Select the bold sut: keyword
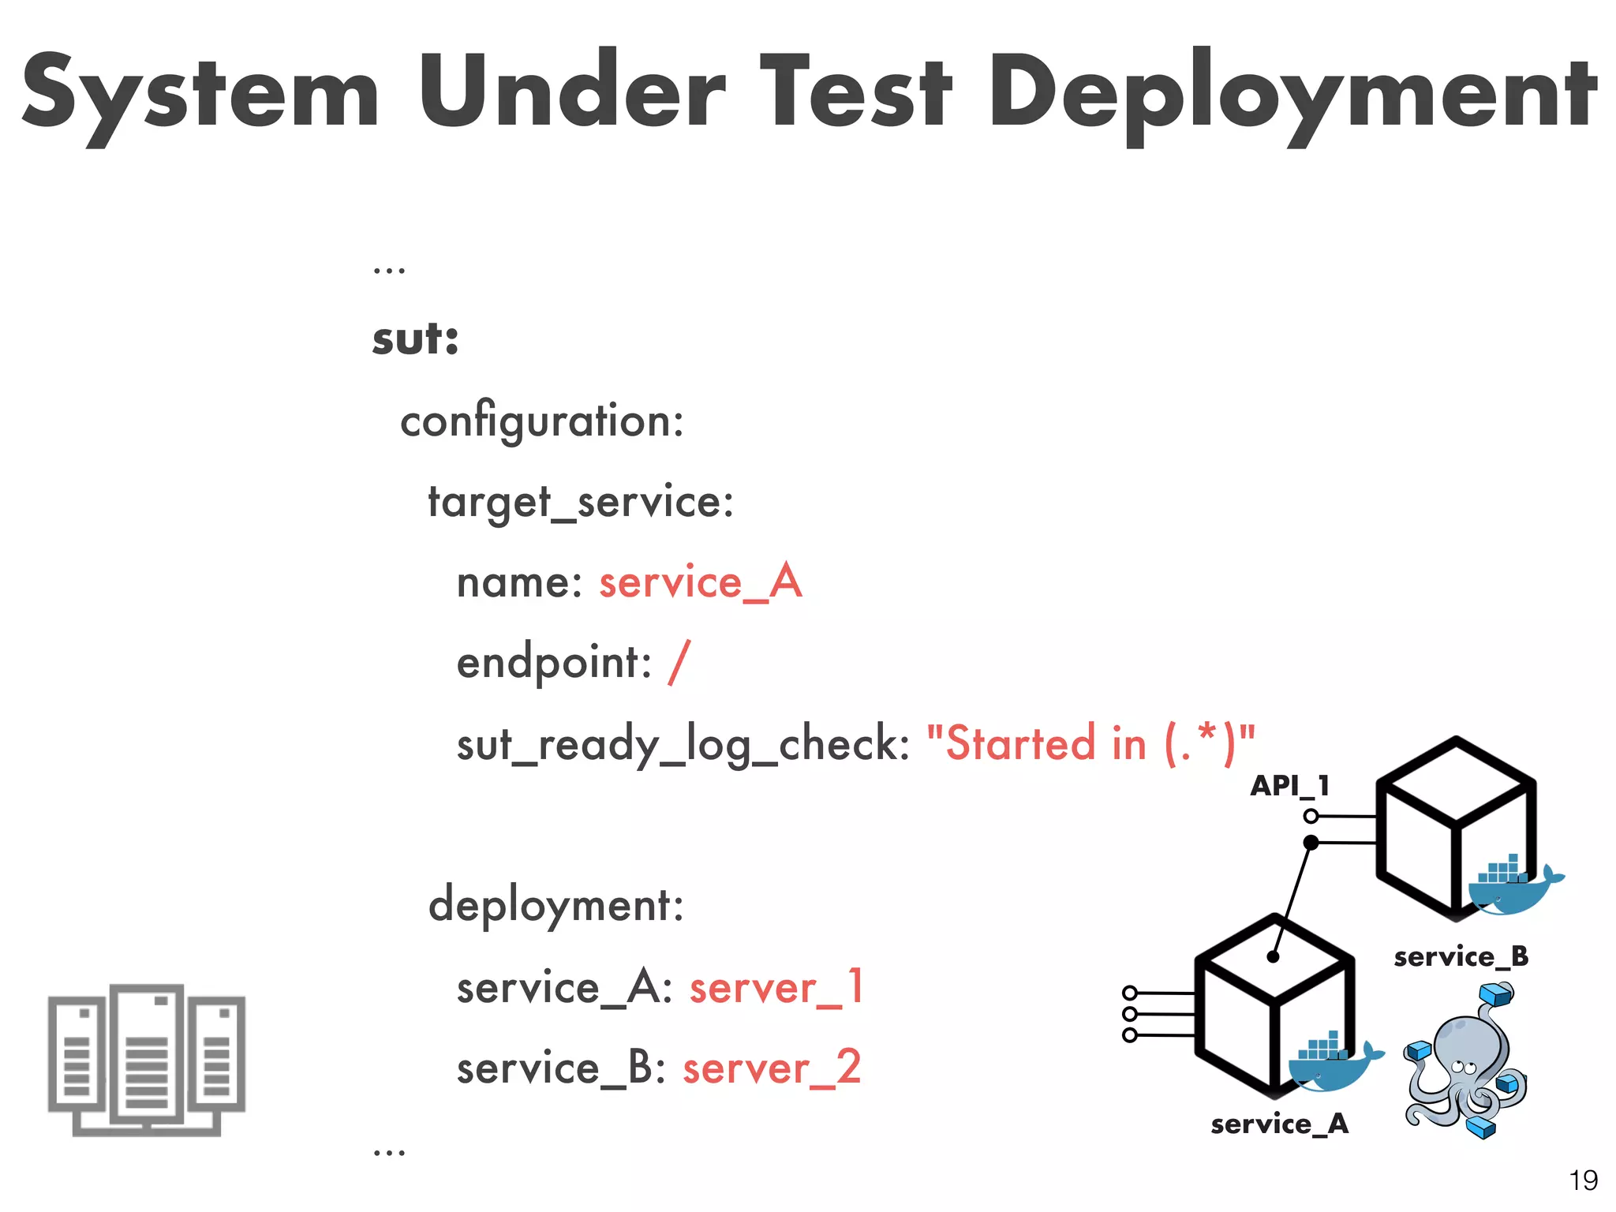[415, 340]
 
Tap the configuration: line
[542, 421]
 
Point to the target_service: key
[581, 503]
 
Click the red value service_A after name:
[701, 583]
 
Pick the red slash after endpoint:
[679, 663]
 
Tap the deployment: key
[555, 906]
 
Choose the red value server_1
[776, 988]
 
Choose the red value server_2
[772, 1068]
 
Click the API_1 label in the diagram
[1289, 786]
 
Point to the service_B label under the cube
[1461, 957]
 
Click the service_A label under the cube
[1279, 1124]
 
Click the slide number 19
[1583, 1180]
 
